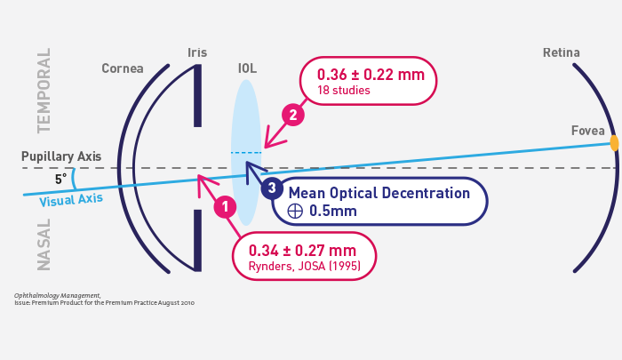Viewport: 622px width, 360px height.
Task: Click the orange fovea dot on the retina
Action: click(614, 142)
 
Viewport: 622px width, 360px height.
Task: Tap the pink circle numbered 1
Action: click(225, 207)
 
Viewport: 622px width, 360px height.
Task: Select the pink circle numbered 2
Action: click(292, 115)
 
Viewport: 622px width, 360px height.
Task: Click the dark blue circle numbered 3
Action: click(272, 188)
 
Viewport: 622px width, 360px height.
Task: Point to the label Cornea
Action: click(123, 68)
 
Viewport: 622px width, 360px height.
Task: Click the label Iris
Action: click(197, 52)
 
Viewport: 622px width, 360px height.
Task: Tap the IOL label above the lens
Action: click(247, 68)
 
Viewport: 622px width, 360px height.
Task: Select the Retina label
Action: click(562, 52)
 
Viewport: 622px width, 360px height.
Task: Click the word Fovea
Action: click(587, 131)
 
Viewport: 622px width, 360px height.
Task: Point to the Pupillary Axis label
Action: click(61, 156)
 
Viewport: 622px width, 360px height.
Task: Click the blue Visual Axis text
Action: click(71, 199)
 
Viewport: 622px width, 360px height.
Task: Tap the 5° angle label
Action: click(60, 179)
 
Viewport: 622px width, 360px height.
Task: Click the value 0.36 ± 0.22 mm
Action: click(371, 74)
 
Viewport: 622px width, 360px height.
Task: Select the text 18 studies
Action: click(343, 91)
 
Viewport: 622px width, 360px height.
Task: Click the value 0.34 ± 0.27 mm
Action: click(302, 250)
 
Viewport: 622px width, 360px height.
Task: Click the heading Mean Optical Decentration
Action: click(379, 193)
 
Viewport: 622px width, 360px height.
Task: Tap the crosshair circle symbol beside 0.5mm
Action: click(295, 211)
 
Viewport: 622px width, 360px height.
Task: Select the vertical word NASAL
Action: click(44, 244)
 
